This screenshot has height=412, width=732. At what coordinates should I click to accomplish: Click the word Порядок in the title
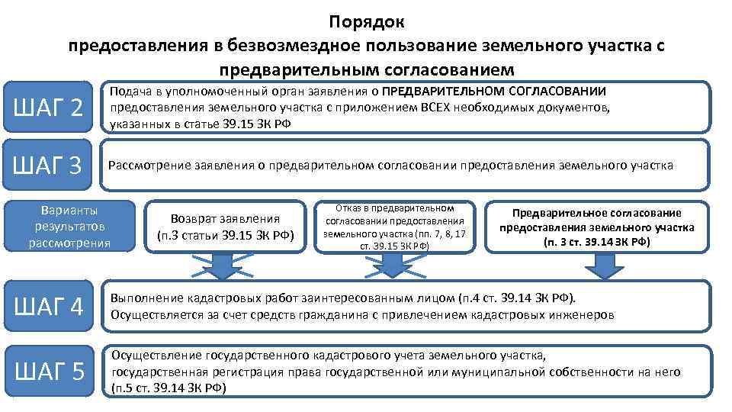click(x=367, y=21)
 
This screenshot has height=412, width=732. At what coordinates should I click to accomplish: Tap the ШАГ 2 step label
click(x=51, y=108)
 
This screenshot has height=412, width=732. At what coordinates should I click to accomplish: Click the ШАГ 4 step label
click(x=51, y=307)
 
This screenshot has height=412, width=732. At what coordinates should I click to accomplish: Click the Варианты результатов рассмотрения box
click(x=69, y=226)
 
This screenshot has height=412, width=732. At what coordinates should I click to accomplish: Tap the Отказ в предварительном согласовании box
click(x=394, y=227)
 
